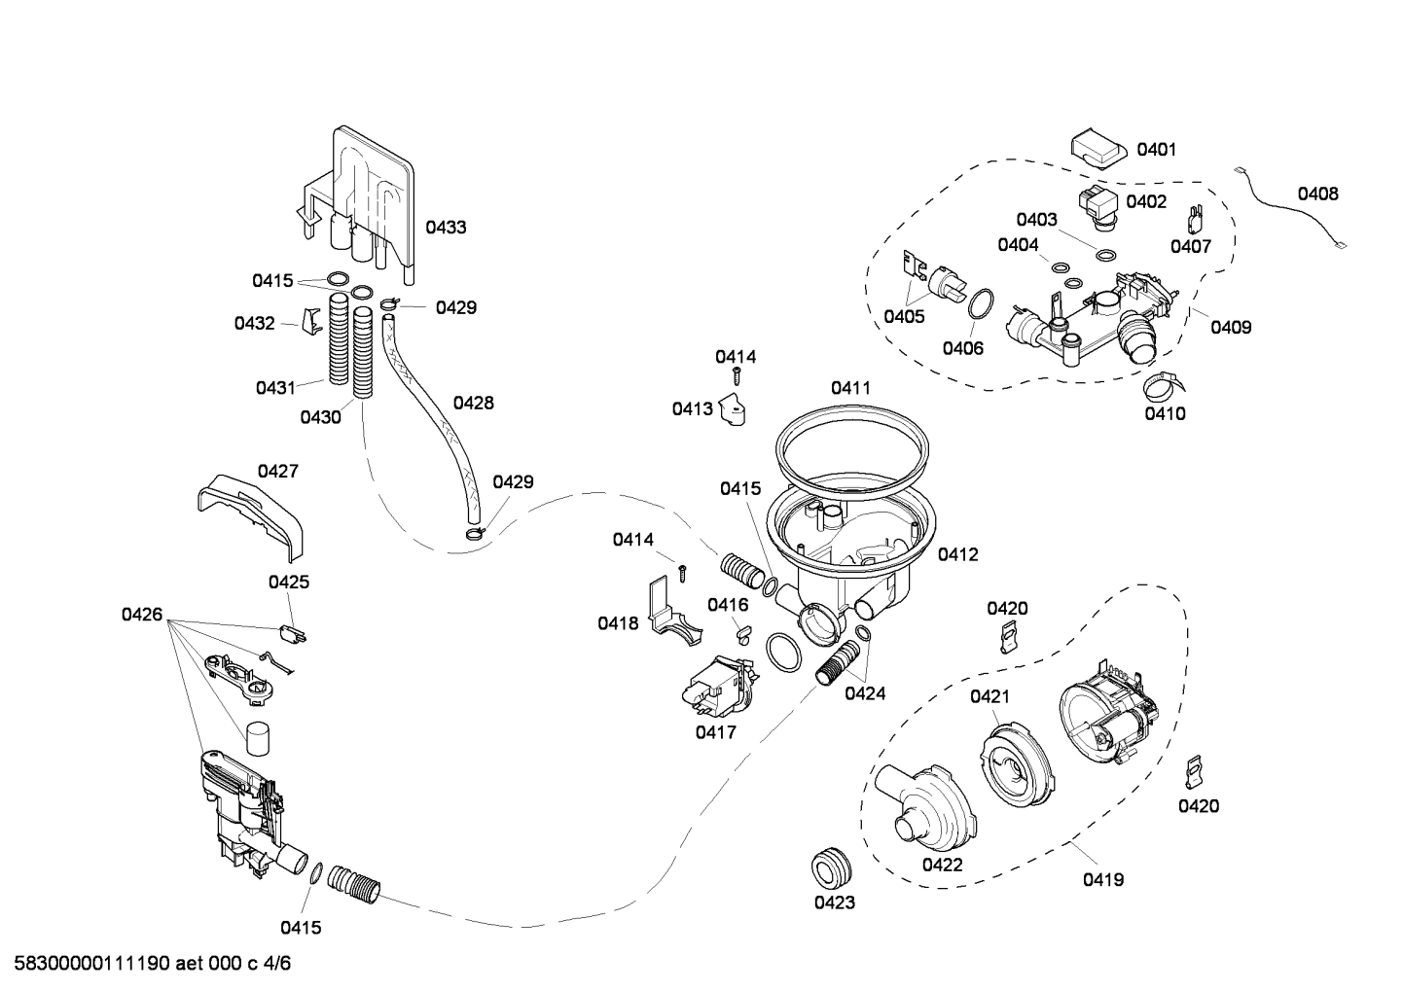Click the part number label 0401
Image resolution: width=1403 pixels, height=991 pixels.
1156,150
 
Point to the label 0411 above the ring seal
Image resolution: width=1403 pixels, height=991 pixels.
850,388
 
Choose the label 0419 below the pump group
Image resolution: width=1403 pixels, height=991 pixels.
1103,879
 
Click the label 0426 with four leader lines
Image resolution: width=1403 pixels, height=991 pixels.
142,614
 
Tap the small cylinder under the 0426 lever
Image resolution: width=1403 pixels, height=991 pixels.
258,739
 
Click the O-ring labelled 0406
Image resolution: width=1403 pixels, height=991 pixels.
981,303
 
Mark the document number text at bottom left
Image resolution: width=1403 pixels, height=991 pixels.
147,964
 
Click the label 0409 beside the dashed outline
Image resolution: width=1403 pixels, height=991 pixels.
1230,328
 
